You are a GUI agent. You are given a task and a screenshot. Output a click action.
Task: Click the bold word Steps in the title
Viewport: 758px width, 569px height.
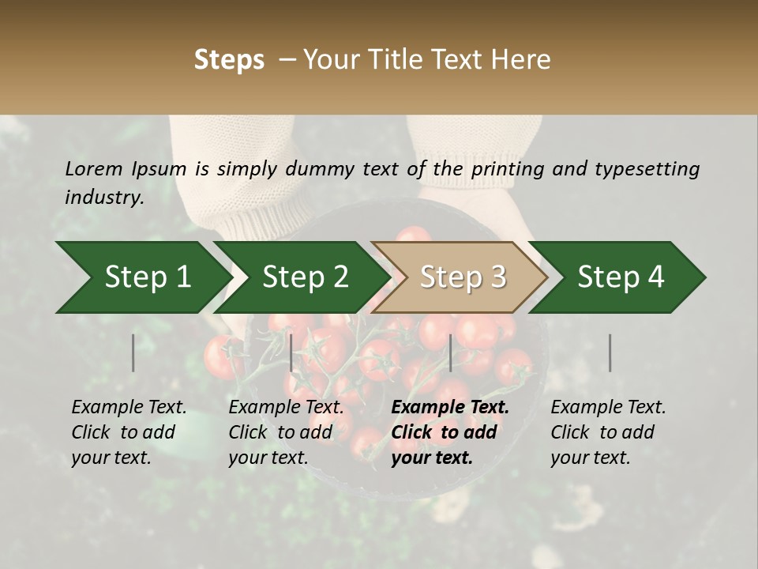point(229,60)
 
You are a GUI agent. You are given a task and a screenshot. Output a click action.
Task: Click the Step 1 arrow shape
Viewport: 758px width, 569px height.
point(142,277)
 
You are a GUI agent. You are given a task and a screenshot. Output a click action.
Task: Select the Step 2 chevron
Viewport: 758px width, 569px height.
point(304,277)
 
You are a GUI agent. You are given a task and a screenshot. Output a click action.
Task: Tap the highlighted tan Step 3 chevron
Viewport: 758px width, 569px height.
point(462,277)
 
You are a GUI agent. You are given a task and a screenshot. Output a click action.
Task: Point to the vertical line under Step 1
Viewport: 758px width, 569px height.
point(133,352)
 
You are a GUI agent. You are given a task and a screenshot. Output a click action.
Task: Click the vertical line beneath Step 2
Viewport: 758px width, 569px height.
point(291,352)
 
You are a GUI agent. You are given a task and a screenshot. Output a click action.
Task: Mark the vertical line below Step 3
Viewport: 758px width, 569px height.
point(450,352)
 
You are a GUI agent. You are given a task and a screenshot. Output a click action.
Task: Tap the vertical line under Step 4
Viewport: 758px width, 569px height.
point(610,352)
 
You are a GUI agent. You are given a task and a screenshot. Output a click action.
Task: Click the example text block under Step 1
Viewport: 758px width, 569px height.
point(129,432)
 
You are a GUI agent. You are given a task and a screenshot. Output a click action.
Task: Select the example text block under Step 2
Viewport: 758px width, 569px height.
point(287,432)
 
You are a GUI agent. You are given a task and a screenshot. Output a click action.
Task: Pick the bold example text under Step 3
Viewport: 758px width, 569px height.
point(450,432)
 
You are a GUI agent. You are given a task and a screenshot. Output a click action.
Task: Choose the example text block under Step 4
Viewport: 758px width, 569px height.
point(608,432)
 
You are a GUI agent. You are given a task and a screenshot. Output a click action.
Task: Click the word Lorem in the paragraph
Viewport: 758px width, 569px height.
point(94,168)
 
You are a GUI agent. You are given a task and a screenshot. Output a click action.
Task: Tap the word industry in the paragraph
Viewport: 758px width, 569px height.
point(103,197)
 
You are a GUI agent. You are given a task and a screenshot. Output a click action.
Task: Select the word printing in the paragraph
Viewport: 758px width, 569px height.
point(509,169)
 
